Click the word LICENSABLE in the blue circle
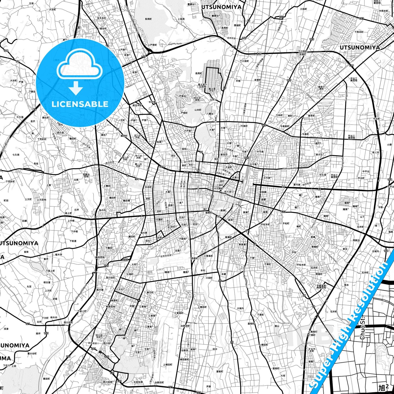click(80, 104)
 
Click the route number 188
click(6, 51)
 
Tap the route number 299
click(94, 349)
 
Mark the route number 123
click(284, 212)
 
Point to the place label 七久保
click(16, 155)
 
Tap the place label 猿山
click(277, 326)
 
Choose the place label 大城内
click(240, 308)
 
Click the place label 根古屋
click(47, 282)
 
